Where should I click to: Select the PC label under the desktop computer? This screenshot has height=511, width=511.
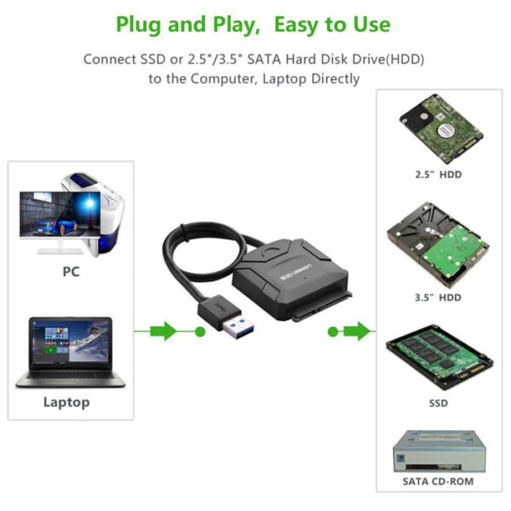71,273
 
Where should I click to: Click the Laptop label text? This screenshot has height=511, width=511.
66,402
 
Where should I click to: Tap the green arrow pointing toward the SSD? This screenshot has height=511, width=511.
355,331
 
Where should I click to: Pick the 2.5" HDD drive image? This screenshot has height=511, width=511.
438,128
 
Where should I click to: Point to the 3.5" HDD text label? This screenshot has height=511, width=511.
438,297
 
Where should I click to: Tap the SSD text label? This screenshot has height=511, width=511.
438,403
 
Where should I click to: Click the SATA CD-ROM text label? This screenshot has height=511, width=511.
438,481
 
